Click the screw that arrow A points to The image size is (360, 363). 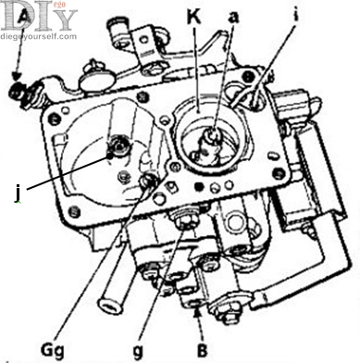17,89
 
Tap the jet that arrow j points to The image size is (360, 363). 119,146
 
